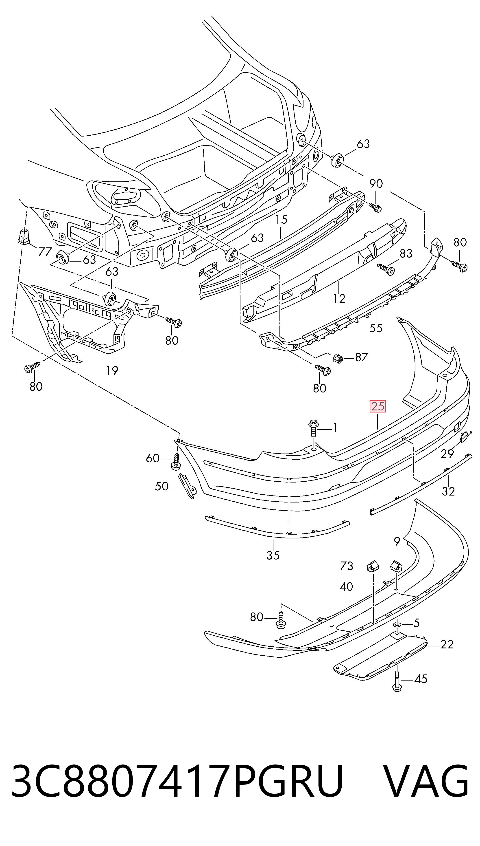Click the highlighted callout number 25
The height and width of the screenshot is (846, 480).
pyautogui.click(x=378, y=406)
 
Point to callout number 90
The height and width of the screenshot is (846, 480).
pyautogui.click(x=376, y=183)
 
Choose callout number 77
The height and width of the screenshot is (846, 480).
pyautogui.click(x=45, y=252)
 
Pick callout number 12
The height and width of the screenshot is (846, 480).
pyautogui.click(x=339, y=298)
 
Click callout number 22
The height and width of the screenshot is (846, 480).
pyautogui.click(x=447, y=644)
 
